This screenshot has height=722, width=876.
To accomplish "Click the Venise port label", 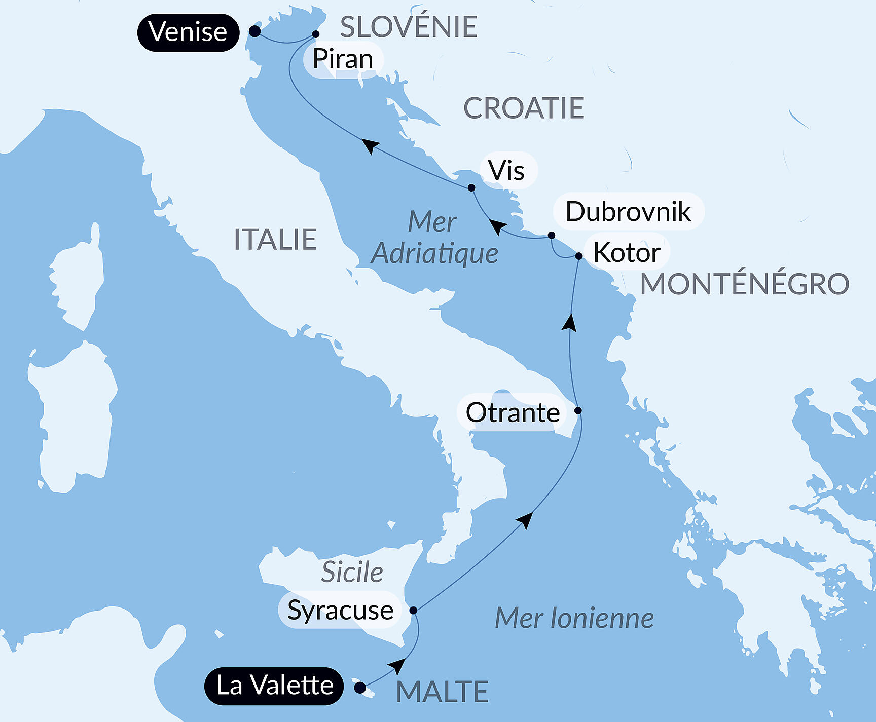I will pos(188,32).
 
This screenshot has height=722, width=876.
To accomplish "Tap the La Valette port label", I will pos(274,686).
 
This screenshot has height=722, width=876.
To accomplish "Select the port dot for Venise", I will pos(255,31).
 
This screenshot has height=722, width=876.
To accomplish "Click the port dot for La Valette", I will pos(360,688).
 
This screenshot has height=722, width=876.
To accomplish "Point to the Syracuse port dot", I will pos(413,610).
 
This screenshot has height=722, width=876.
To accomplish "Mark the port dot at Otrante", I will pos(578,410).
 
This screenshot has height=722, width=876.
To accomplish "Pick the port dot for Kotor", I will pos(579,256).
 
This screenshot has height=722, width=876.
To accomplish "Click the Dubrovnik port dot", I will pos(552,235).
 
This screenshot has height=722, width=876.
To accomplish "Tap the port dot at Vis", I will pos(471,187).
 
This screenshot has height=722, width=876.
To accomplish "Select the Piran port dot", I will pos(316,34).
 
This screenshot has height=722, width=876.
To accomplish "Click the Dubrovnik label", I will pos(628,211).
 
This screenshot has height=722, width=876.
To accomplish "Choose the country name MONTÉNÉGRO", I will pos(744,284).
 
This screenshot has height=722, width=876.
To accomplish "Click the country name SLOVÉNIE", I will pos(409,27).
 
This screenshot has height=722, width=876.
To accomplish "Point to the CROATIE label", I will pos(524,108).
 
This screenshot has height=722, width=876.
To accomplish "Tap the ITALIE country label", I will pos(275,239).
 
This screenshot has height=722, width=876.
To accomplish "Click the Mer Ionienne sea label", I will pos(574,618).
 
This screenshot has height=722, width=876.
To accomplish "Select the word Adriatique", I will pos(434,253).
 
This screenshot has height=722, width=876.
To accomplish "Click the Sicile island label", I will pos(352,572).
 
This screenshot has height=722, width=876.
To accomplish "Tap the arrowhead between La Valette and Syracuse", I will pos(398,665).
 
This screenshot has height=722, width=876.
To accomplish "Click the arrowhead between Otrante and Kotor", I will pos(570,323).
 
